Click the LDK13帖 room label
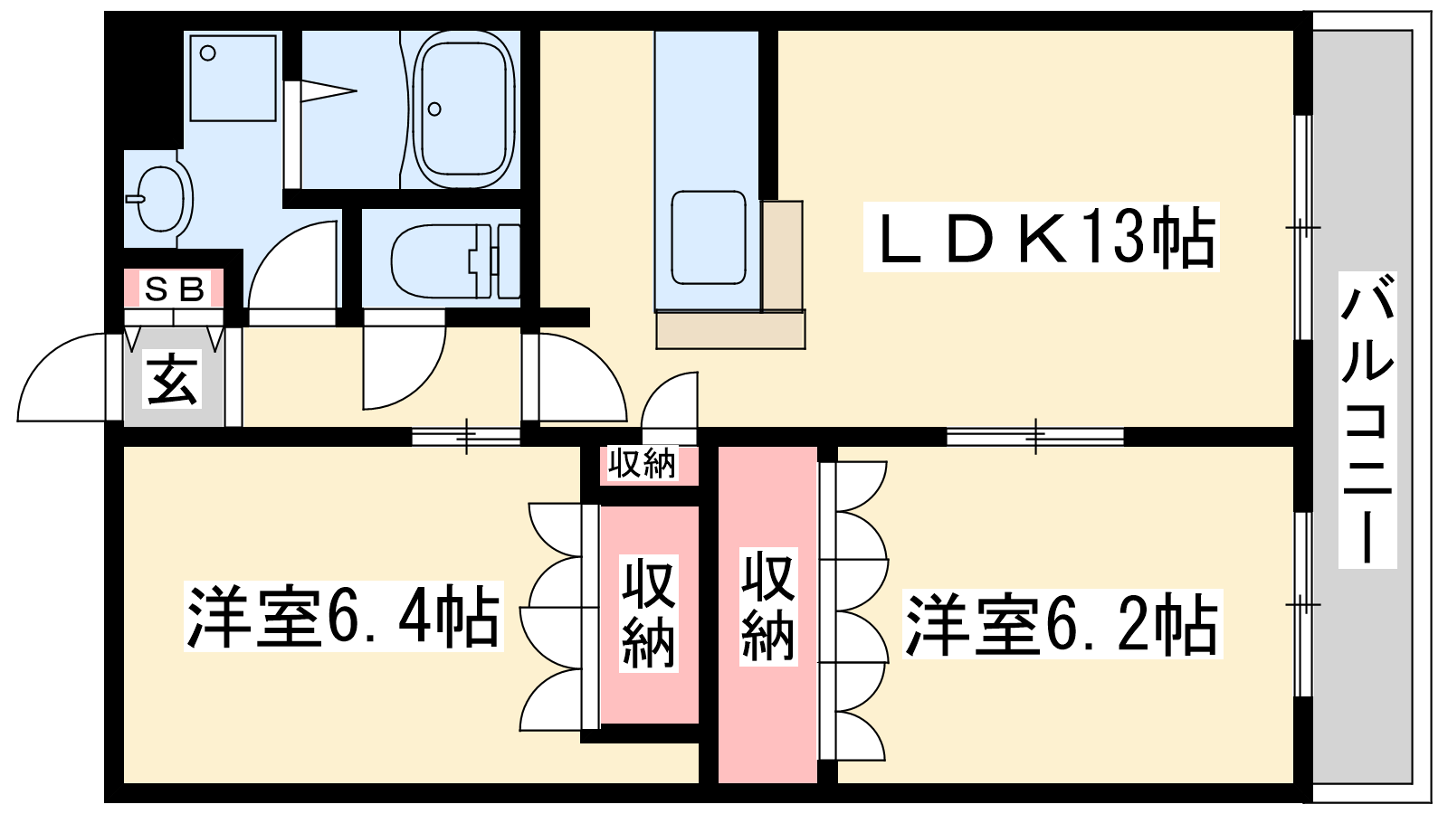point(1041,236)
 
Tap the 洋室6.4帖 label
point(343,616)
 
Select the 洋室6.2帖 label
point(1062,624)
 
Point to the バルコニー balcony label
point(1367,420)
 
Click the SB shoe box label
point(174,289)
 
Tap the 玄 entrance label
point(173,380)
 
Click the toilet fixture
point(456,261)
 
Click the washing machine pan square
point(233,78)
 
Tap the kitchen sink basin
point(709,237)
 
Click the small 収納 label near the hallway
point(642,464)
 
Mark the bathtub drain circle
point(434,109)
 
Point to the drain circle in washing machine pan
point(207,53)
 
